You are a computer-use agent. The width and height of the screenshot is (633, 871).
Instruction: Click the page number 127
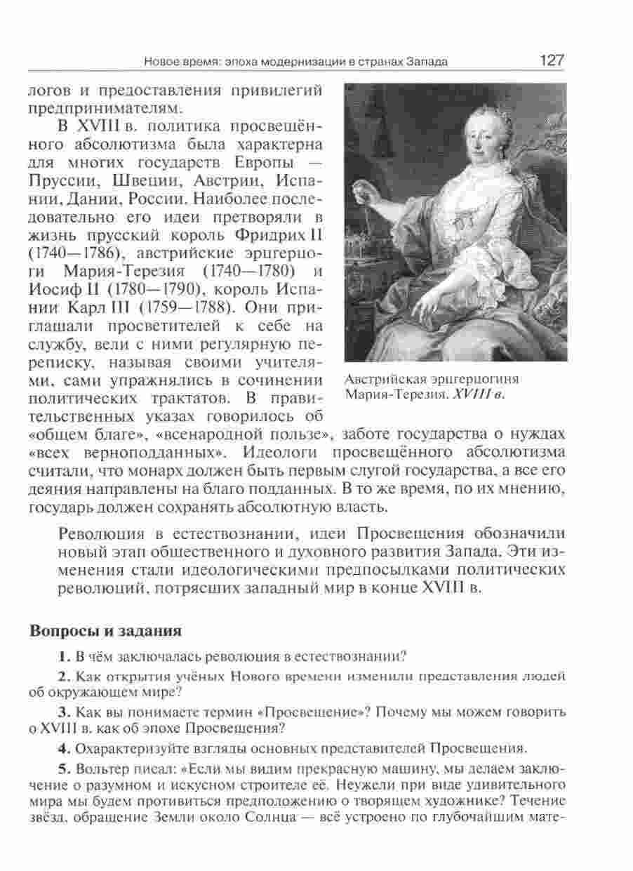(552, 60)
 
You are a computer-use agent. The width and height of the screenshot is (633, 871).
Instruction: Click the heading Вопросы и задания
(105, 631)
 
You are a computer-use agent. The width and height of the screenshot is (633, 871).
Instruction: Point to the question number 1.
(64, 657)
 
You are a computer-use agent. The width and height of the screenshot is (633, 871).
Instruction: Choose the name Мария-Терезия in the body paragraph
(126, 272)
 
